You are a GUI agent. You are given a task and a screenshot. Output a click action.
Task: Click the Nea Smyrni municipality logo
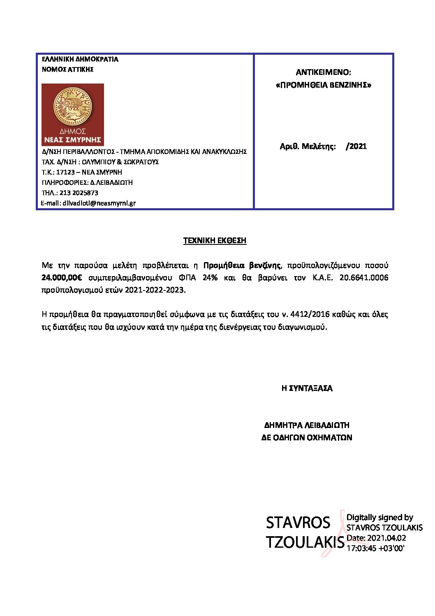(73, 114)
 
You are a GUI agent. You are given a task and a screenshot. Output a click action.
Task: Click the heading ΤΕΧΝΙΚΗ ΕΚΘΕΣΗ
(215, 240)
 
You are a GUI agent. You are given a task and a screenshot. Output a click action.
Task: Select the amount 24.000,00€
(62, 278)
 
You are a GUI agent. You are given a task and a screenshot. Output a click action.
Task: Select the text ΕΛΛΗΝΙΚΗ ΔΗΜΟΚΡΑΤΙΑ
(80, 59)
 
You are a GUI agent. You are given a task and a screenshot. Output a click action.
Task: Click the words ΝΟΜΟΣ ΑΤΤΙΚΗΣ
(68, 70)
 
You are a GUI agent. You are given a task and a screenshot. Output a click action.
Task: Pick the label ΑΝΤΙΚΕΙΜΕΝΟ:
(323, 72)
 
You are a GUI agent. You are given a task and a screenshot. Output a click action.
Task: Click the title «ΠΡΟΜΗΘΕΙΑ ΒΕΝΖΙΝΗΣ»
(323, 85)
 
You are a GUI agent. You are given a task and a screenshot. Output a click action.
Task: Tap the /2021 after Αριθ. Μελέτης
(356, 146)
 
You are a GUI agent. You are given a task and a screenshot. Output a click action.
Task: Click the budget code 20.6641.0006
(363, 278)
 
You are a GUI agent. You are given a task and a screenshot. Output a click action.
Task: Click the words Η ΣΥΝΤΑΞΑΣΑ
(307, 388)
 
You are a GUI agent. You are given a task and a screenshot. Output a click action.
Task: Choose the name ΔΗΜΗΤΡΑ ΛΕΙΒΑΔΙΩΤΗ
(307, 425)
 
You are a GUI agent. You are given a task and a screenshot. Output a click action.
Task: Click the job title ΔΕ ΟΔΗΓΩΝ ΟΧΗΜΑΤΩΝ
(307, 438)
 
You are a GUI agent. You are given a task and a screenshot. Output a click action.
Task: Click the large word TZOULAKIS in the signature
(305, 542)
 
